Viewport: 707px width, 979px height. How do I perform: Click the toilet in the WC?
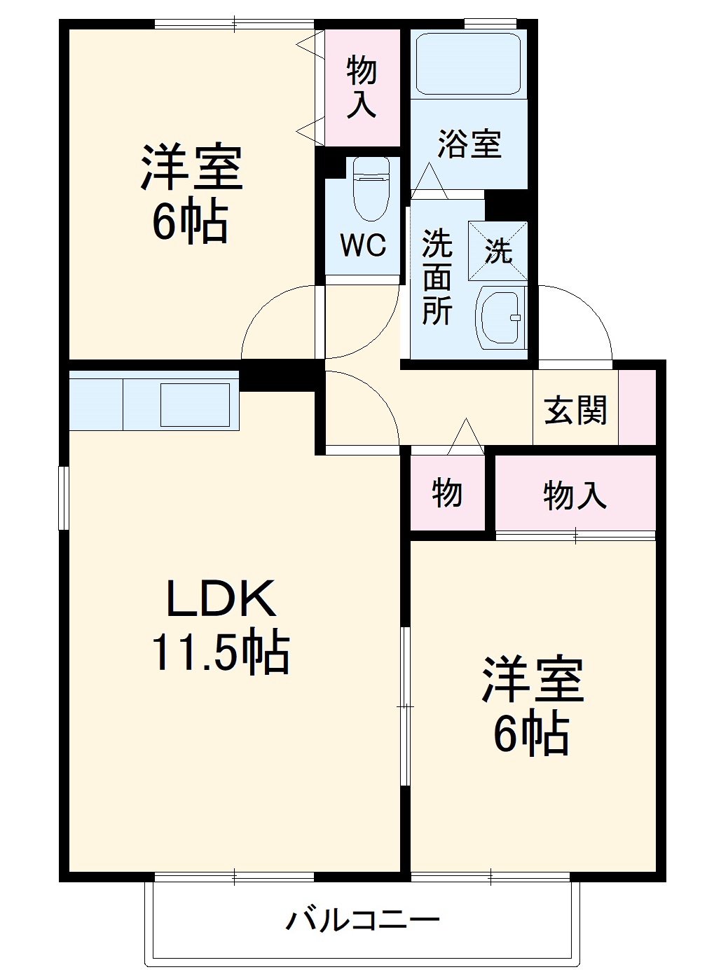tap(370, 187)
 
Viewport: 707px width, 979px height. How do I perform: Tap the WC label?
tap(363, 245)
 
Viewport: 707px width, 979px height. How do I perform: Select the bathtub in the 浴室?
tap(468, 62)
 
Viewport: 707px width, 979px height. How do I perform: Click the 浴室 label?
tap(469, 144)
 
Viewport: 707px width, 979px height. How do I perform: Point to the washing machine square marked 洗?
tap(497, 250)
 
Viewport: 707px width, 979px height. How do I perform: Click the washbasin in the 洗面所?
tap(500, 317)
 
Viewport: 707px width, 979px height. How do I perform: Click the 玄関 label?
tap(575, 409)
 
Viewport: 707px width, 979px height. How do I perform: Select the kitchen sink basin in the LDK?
tap(195, 404)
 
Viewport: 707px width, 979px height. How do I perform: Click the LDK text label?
tap(219, 599)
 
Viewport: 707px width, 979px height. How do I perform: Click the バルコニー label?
tap(362, 918)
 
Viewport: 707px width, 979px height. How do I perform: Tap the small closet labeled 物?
tap(446, 493)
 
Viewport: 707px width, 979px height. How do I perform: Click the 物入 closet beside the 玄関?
tap(575, 495)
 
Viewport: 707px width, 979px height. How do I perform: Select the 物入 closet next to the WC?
tap(362, 87)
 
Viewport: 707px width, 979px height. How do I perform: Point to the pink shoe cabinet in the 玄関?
tap(637, 406)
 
